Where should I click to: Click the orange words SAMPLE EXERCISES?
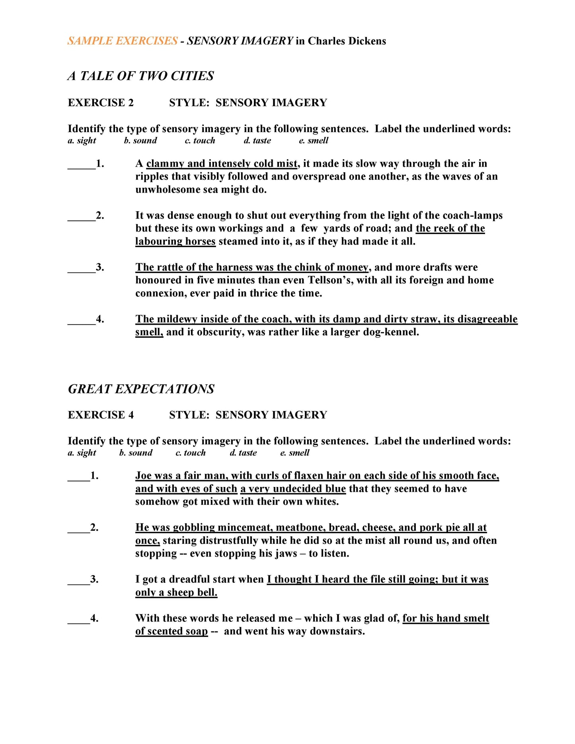123,41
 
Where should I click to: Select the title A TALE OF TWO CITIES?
141,76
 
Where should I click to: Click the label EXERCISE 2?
101,103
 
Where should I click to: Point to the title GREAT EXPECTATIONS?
141,389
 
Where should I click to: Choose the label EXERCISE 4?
101,415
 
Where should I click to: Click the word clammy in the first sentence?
165,164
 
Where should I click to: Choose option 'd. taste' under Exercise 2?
257,140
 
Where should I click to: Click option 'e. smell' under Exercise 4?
294,453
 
